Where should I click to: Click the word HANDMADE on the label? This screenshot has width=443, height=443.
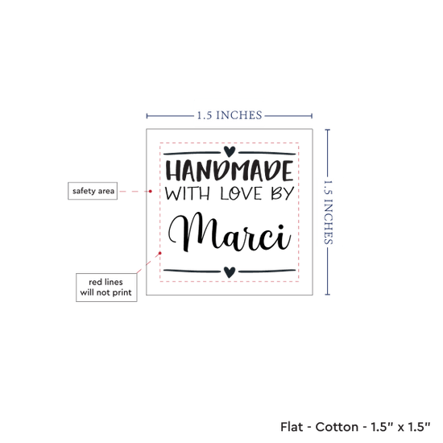(230, 171)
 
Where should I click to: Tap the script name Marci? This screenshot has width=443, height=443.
(230, 232)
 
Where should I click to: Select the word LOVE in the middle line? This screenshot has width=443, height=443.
(242, 193)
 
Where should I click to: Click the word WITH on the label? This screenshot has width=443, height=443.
(188, 193)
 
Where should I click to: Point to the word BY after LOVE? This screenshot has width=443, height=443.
(283, 193)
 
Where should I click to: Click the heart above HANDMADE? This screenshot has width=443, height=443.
(230, 151)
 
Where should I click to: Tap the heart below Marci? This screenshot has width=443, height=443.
(230, 272)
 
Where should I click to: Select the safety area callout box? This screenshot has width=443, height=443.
(93, 191)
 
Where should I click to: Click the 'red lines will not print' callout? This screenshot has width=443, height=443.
(106, 288)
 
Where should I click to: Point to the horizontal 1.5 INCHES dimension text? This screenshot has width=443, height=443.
(230, 115)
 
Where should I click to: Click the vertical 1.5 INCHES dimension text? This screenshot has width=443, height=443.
(328, 212)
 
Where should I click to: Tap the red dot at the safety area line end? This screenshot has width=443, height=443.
(151, 191)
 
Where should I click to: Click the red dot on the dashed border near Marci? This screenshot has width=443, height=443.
(160, 253)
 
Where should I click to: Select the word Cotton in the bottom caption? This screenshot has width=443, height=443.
(337, 427)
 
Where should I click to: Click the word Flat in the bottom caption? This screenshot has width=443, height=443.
(292, 427)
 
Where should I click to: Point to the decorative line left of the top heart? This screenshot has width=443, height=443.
(193, 153)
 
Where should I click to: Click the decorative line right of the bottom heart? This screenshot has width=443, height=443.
(267, 271)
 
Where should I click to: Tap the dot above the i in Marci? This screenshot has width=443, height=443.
(281, 227)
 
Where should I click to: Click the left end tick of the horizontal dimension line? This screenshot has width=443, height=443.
(147, 116)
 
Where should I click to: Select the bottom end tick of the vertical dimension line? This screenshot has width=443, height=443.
(328, 294)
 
